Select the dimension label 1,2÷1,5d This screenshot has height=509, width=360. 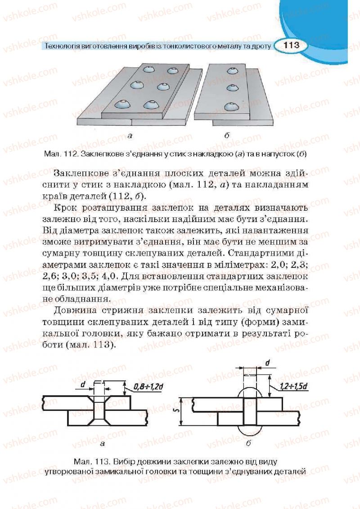pos(293,386)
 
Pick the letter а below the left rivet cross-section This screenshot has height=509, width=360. pos(102,443)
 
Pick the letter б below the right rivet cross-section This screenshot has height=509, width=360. pos(248,443)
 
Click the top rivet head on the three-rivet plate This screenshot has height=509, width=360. pos(232,71)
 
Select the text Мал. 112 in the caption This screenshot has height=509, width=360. pos(61,154)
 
